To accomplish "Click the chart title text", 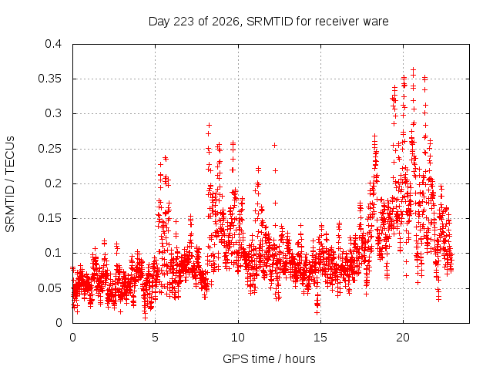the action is (269, 22).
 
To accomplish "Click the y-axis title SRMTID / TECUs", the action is (10, 184).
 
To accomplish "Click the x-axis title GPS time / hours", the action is (269, 358).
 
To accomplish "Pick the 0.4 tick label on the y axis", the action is (53, 44).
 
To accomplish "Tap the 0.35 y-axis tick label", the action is (49, 79).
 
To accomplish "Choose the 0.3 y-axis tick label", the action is (53, 113).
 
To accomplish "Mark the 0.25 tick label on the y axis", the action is (49, 149).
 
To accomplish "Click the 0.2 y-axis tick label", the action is (53, 183).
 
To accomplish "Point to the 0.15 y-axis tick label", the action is (49, 218).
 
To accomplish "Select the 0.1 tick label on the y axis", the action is (53, 253).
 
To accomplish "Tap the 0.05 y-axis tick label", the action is (49, 288).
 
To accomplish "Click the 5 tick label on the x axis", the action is (155, 338).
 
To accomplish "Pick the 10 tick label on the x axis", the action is (238, 338).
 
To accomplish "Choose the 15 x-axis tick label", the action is (320, 338).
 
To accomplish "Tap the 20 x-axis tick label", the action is (403, 338).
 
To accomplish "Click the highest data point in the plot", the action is (414, 69).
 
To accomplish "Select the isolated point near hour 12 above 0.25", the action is (274, 145).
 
